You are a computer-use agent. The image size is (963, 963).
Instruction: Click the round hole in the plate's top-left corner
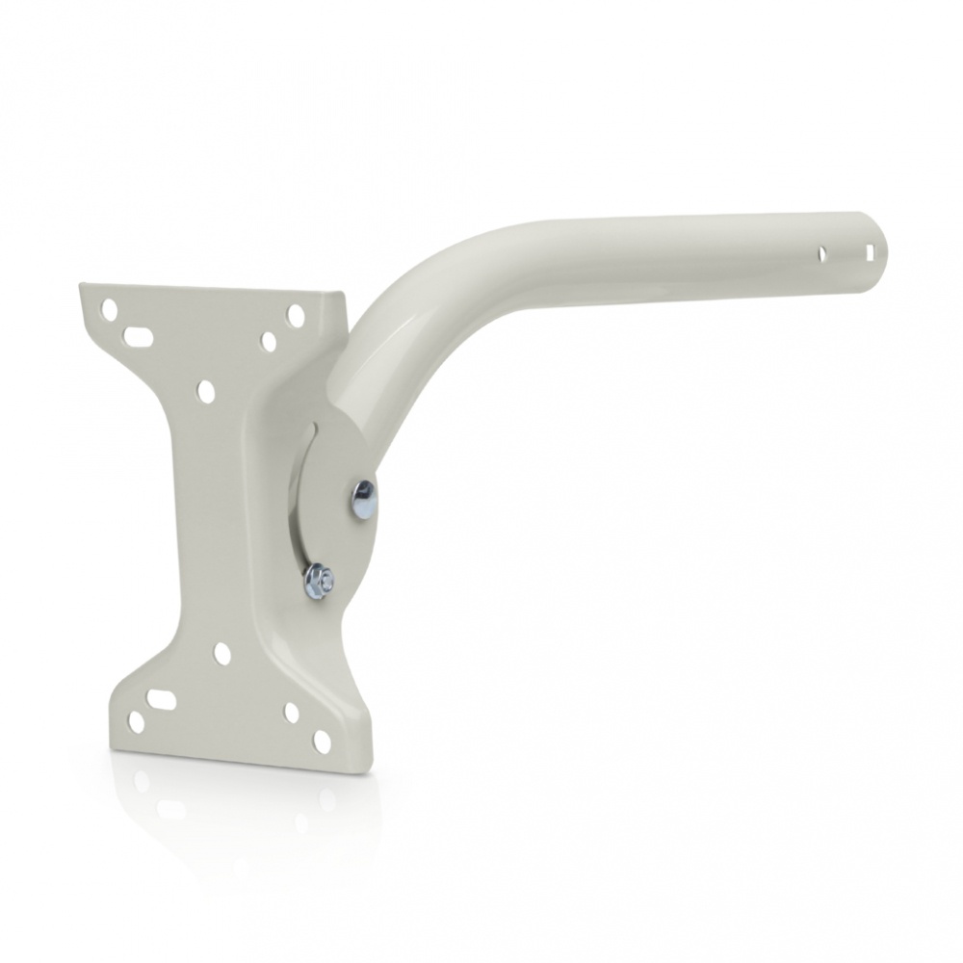110,310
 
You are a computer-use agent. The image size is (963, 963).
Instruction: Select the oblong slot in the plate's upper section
137,337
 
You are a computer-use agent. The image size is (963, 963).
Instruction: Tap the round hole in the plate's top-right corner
296,315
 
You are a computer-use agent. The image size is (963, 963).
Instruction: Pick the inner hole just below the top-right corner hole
270,341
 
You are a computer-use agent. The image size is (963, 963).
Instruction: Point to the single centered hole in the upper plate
204,390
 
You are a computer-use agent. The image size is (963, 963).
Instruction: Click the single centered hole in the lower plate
221,653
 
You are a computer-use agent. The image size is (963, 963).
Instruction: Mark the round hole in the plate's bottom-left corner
136,722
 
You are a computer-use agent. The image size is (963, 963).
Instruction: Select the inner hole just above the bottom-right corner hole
292,713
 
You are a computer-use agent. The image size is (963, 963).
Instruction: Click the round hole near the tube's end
822,254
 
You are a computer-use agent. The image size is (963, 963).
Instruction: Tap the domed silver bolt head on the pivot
364,499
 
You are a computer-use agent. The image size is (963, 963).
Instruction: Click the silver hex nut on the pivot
319,579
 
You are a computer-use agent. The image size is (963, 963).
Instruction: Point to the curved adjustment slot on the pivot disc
306,501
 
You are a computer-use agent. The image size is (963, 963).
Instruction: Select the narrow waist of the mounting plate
207,520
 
